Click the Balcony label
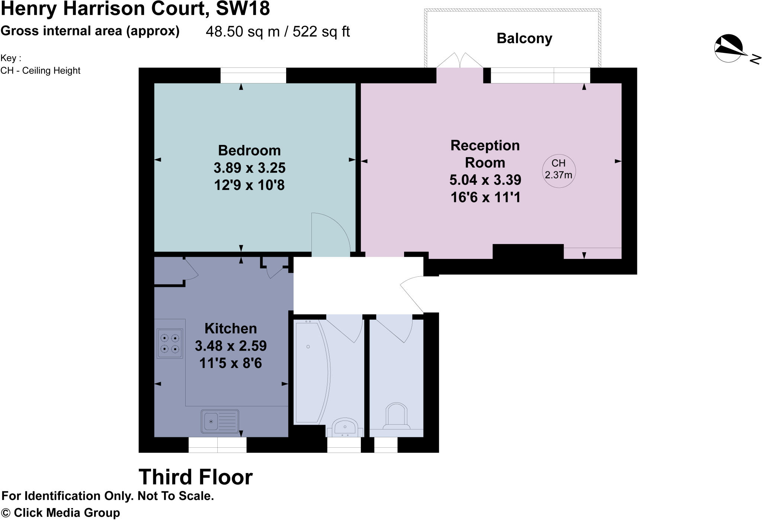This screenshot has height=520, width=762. [x=524, y=39]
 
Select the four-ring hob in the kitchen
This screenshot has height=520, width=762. [x=170, y=343]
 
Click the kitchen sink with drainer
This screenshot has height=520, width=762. [x=220, y=421]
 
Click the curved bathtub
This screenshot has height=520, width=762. [x=311, y=372]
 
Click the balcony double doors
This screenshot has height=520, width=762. [x=460, y=61]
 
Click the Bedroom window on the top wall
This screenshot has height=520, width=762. [x=253, y=75]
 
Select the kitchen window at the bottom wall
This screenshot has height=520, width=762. [x=217, y=445]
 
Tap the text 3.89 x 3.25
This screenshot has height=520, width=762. [x=249, y=168]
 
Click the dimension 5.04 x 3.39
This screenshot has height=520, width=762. [x=485, y=180]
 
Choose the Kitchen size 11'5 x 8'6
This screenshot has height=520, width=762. [x=230, y=363]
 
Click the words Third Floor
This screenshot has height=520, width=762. [x=196, y=477]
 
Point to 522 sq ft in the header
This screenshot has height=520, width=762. [x=321, y=32]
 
